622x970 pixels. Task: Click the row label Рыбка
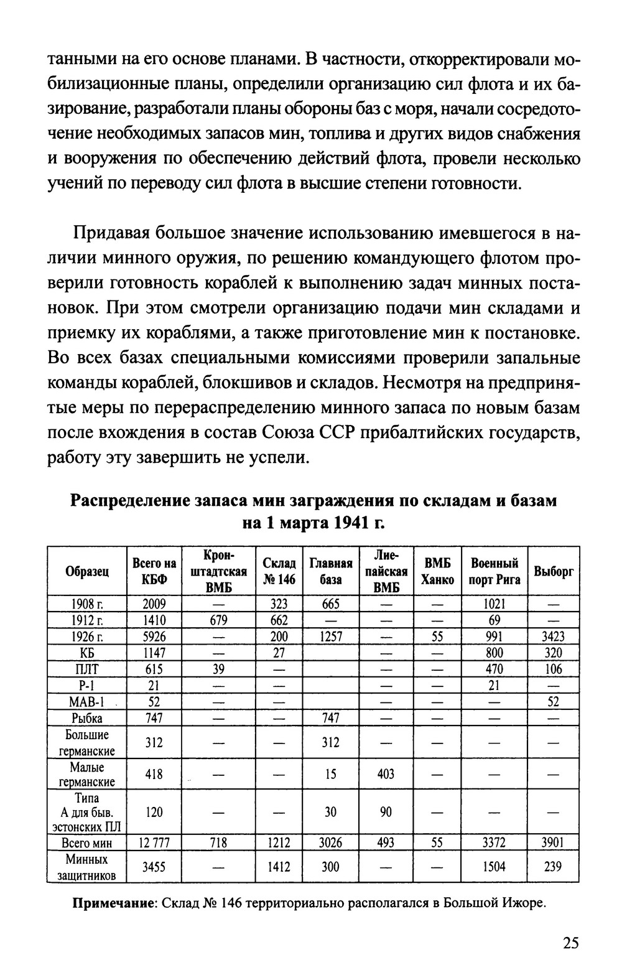click(x=87, y=718)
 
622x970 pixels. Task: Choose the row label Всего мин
click(x=87, y=843)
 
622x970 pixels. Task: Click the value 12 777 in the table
click(x=154, y=843)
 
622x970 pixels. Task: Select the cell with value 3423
click(x=553, y=637)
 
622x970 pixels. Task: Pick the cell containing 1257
click(x=330, y=637)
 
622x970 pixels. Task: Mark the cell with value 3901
click(x=553, y=843)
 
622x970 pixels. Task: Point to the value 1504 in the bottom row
click(x=494, y=867)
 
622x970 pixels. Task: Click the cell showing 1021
click(x=494, y=604)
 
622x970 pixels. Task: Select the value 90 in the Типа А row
click(x=385, y=813)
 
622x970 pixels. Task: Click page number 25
click(x=570, y=943)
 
